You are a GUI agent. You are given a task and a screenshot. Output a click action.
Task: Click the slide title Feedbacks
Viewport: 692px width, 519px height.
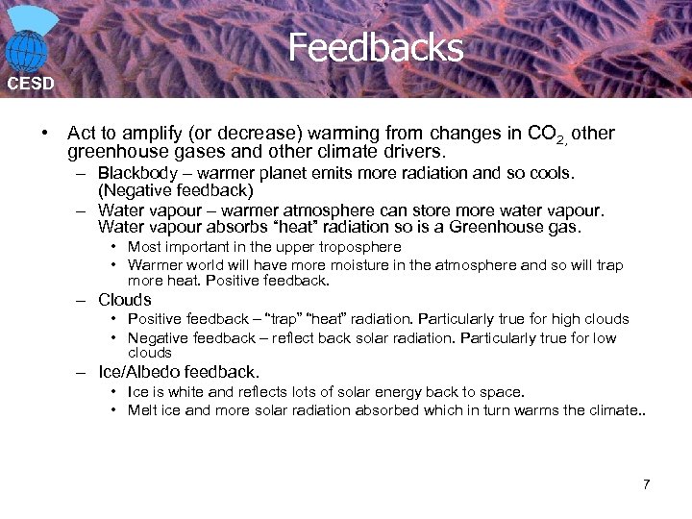tap(375, 47)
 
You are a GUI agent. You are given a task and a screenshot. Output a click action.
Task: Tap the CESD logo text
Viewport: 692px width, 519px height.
tap(31, 84)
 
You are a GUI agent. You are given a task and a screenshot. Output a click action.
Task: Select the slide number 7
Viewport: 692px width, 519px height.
tap(647, 483)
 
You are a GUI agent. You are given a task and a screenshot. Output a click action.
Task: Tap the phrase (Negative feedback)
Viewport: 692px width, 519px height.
tap(176, 190)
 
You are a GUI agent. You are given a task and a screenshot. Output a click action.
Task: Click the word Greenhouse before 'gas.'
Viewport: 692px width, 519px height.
tap(497, 227)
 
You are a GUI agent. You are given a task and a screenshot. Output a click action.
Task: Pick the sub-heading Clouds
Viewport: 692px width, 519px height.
tap(125, 300)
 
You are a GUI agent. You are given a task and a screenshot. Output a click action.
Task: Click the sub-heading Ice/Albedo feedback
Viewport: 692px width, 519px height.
tap(179, 371)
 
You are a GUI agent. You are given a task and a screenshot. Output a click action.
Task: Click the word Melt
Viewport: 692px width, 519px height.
tap(143, 410)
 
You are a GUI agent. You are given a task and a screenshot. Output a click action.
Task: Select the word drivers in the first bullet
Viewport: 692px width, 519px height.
tap(417, 152)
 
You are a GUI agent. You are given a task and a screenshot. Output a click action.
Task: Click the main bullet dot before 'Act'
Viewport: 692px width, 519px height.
tap(45, 134)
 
